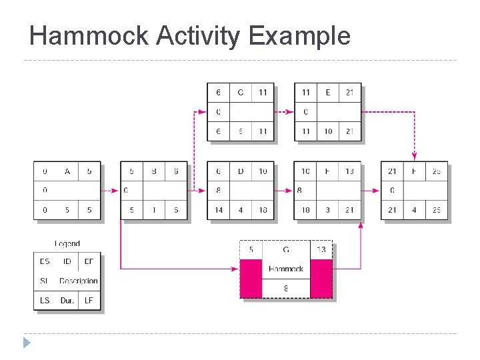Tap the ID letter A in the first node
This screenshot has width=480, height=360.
(67, 171)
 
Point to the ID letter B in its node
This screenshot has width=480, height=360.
(154, 171)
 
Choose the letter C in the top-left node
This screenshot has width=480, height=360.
(241, 93)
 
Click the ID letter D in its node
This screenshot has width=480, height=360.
(241, 171)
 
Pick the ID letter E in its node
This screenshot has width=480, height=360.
(327, 93)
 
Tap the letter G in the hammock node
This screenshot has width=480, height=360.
(286, 250)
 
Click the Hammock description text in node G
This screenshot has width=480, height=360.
(286, 269)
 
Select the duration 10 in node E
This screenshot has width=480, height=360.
(327, 131)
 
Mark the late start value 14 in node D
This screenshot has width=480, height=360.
(219, 210)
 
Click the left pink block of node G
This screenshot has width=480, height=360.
(251, 279)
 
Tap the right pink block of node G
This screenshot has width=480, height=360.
(321, 279)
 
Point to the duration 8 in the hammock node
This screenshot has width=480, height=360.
(286, 289)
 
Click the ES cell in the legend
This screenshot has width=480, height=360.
(45, 261)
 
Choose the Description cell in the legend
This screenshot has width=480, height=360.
(78, 281)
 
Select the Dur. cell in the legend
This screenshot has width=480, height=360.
(67, 300)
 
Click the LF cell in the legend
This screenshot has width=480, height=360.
(89, 300)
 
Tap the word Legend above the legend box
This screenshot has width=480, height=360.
(67, 244)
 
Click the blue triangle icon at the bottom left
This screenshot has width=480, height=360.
(27, 343)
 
